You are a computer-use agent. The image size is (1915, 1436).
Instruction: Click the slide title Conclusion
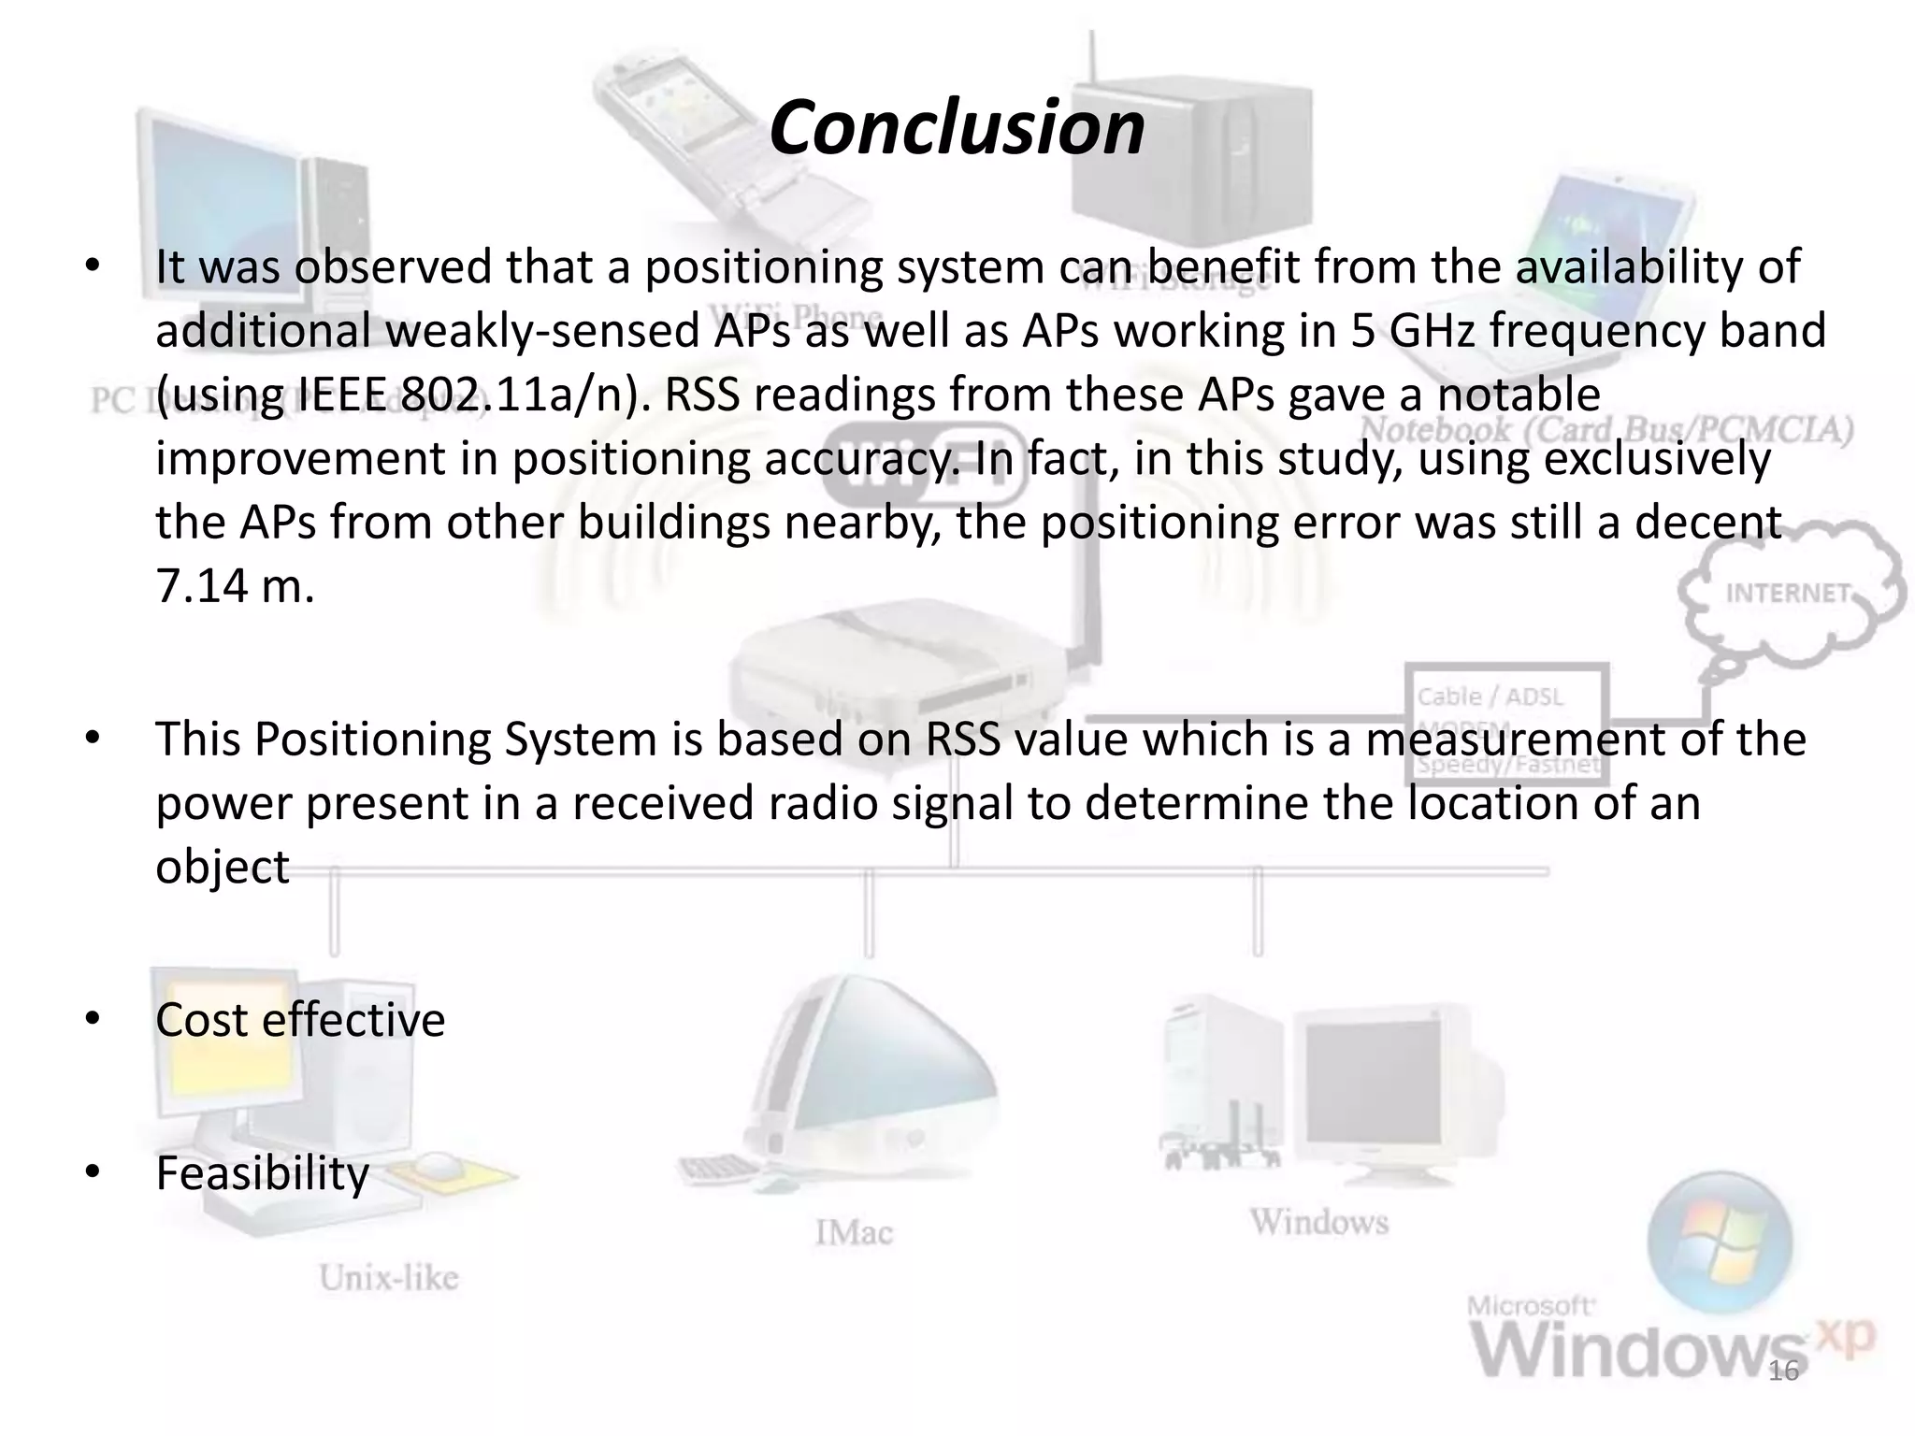click(957, 128)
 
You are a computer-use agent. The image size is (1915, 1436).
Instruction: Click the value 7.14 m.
click(234, 586)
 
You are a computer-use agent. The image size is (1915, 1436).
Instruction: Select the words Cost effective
click(300, 1019)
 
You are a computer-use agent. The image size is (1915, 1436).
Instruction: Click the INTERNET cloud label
click(1787, 594)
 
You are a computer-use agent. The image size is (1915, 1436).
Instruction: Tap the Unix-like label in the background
click(388, 1277)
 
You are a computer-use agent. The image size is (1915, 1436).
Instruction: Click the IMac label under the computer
click(854, 1232)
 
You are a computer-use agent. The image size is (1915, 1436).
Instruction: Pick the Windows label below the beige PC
click(1319, 1221)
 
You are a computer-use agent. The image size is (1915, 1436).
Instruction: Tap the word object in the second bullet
click(222, 867)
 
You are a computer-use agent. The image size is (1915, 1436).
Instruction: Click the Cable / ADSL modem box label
click(1489, 696)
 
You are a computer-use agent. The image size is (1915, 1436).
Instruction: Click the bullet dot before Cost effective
click(92, 1019)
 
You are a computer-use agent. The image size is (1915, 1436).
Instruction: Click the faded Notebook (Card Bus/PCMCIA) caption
click(1605, 430)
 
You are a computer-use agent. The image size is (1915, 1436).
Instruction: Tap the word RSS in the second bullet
click(962, 740)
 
